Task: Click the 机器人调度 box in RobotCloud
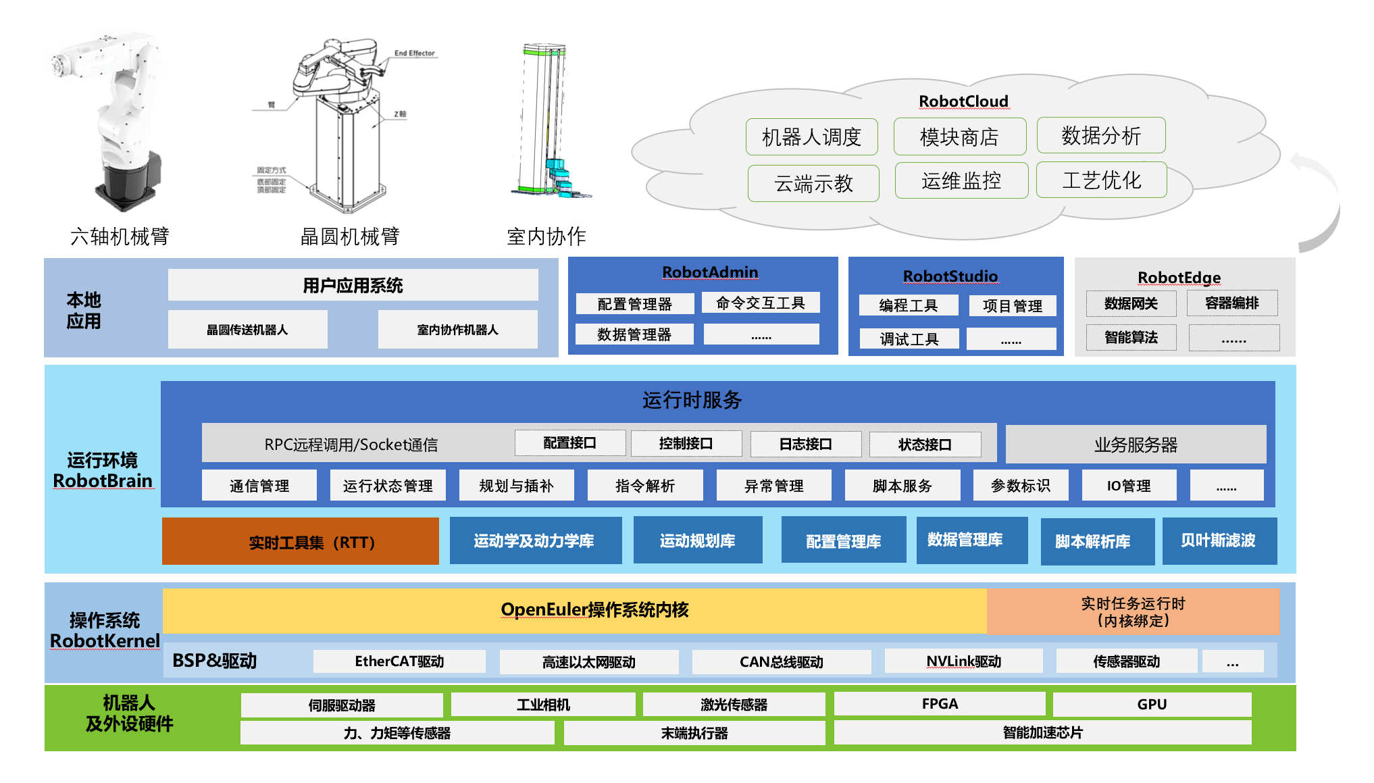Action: (811, 137)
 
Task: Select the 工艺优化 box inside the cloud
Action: (1101, 180)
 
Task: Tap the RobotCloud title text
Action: (963, 101)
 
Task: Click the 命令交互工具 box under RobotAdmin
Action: (761, 303)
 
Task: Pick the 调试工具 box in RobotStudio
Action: (909, 338)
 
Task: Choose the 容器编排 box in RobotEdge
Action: (1231, 303)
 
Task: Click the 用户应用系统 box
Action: (353, 285)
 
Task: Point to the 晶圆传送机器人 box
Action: (247, 330)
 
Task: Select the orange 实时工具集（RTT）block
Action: (301, 542)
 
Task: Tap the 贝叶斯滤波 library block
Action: (1219, 540)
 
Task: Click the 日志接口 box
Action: (805, 444)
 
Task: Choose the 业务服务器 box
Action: (1136, 445)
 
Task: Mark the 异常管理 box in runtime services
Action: (773, 486)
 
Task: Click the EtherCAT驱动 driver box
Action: (399, 661)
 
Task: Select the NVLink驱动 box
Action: (963, 661)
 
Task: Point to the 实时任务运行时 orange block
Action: (1133, 611)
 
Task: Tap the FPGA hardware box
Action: (940, 704)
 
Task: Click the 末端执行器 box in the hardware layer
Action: (694, 733)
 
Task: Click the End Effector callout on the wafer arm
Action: (414, 53)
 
